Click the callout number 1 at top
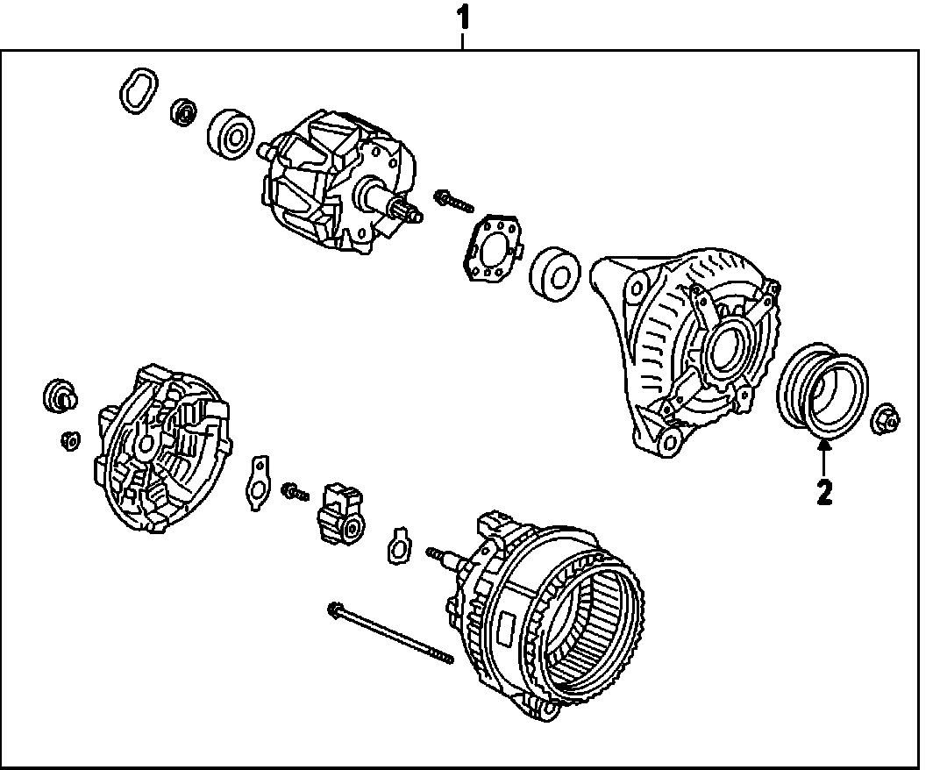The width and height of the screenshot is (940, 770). pyautogui.click(x=463, y=20)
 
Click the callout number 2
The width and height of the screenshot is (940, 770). pyautogui.click(x=824, y=492)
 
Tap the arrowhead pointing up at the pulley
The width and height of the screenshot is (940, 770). pyautogui.click(x=824, y=445)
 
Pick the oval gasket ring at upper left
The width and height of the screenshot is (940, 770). pyautogui.click(x=139, y=91)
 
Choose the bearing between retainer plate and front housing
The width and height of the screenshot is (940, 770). pyautogui.click(x=555, y=273)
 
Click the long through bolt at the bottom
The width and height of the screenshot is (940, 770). pyautogui.click(x=390, y=634)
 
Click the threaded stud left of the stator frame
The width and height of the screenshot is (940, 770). pyautogui.click(x=445, y=557)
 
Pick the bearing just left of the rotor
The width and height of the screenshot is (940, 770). pyautogui.click(x=231, y=133)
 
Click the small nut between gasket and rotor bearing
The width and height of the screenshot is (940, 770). pyautogui.click(x=183, y=111)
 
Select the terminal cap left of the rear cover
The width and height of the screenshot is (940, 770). pyautogui.click(x=60, y=396)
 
